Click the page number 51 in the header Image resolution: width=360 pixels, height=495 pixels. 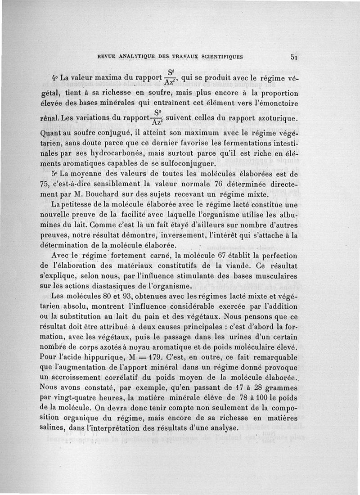295,57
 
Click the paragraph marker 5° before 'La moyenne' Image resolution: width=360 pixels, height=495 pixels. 56,174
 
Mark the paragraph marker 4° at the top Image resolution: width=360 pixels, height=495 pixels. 57,79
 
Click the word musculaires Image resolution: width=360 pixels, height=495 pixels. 272,275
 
